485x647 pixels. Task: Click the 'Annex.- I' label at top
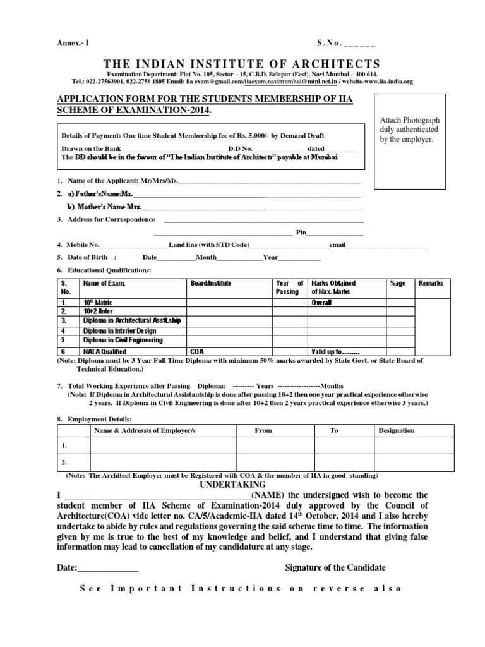(74, 43)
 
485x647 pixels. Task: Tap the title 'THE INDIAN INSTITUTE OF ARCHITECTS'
(242, 64)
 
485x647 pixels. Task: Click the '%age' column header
(398, 284)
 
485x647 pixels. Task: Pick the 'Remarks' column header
(431, 284)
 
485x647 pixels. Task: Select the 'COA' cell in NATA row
(196, 351)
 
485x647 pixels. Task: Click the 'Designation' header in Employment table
(396, 430)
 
